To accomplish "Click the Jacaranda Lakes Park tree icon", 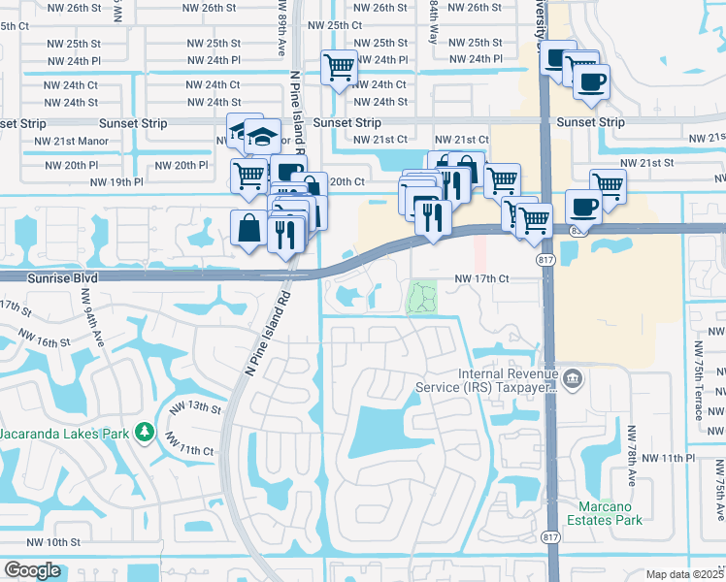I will (144, 430).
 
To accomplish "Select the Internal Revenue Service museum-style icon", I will (573, 378).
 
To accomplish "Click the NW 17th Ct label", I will (482, 278).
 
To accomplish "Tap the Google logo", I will (32, 570).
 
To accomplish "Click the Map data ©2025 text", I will (685, 574).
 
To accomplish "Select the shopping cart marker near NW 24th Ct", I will (340, 68).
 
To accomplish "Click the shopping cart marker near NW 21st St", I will (608, 183).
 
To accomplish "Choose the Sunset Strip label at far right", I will (590, 122).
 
